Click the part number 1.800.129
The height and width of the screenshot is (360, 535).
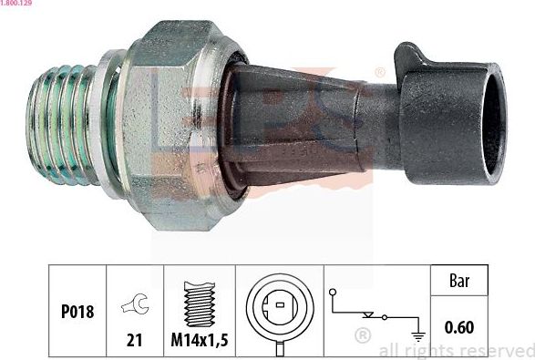click(x=18, y=5)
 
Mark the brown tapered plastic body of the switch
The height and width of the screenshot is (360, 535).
click(x=301, y=118)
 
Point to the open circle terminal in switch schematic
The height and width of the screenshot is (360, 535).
click(x=335, y=293)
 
